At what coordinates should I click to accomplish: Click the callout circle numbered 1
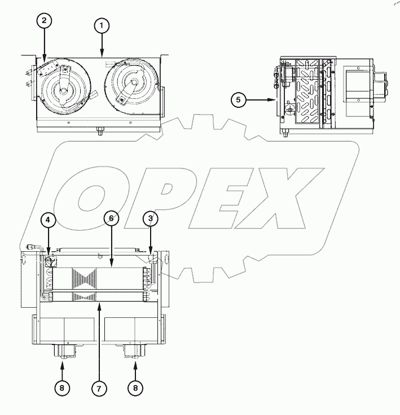click(103, 25)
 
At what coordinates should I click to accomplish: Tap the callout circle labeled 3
click(150, 218)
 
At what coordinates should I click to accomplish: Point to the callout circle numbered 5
click(239, 99)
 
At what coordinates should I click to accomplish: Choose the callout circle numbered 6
click(111, 219)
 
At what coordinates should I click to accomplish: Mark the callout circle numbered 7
click(99, 389)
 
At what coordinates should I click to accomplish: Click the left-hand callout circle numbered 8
click(63, 389)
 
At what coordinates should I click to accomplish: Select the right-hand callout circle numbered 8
click(135, 389)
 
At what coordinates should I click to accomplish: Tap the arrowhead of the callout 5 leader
click(274, 99)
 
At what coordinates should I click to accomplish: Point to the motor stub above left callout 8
click(63, 352)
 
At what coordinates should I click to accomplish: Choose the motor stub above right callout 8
click(134, 352)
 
